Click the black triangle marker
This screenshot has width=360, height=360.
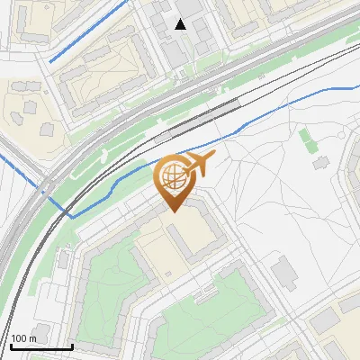181,24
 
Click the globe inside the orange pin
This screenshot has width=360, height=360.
174,177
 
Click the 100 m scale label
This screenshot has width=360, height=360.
24,338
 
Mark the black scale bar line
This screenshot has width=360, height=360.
40,346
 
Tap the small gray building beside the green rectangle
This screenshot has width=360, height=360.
320,164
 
